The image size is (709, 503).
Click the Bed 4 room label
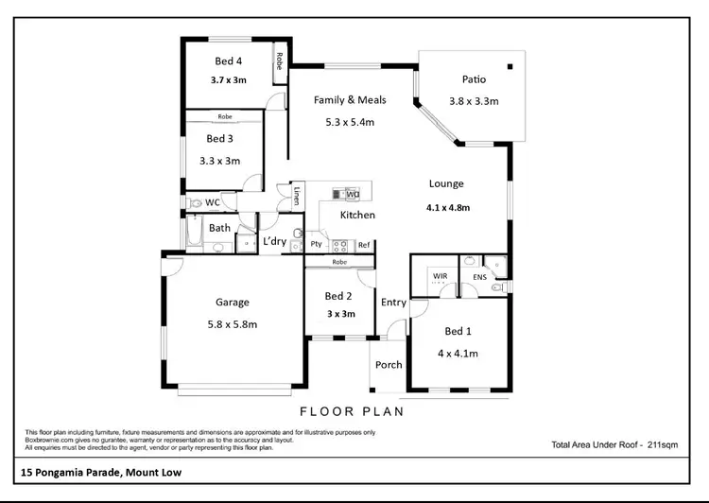[228, 62]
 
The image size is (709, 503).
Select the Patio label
[474, 80]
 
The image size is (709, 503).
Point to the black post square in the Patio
[510, 67]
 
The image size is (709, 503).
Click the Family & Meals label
[337, 99]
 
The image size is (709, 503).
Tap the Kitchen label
[358, 216]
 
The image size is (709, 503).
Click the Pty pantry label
[316, 245]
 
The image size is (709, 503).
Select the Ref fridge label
[363, 245]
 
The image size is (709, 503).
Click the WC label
[214, 202]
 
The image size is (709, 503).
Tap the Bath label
[219, 228]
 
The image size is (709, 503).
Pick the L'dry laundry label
[275, 242]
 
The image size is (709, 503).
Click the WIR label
[439, 276]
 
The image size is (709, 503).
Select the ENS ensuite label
[479, 276]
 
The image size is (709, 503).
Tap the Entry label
[393, 303]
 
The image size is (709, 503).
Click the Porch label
[389, 364]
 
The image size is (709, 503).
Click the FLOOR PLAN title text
[352, 411]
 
